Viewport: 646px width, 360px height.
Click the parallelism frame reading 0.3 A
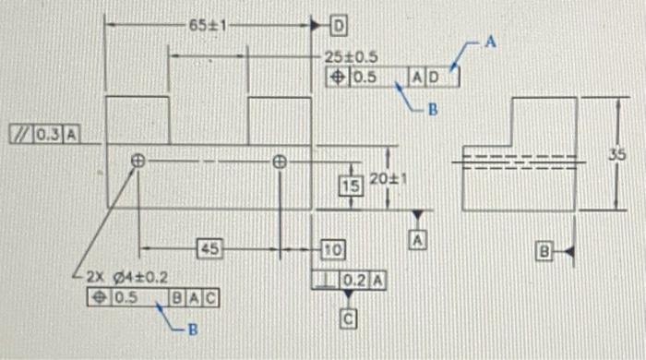click(42, 135)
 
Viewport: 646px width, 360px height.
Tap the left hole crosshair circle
click(138, 160)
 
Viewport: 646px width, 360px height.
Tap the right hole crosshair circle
click(280, 160)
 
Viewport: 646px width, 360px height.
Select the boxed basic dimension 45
click(210, 248)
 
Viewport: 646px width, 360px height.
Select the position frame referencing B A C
click(152, 298)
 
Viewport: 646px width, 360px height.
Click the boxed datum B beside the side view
click(544, 251)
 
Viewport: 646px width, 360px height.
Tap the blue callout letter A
click(492, 42)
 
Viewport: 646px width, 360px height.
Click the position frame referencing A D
click(393, 78)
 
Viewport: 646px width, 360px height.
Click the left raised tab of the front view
click(138, 120)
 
